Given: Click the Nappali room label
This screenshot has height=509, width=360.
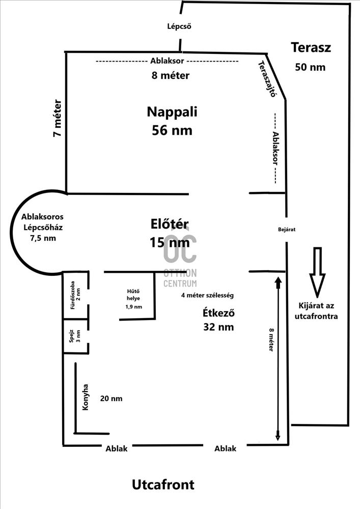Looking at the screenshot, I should (x=172, y=111).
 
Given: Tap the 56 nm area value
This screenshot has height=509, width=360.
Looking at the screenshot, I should (x=172, y=130).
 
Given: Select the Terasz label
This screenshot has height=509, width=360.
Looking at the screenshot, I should (x=311, y=48).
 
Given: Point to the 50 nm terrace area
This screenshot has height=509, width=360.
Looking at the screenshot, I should (x=310, y=67).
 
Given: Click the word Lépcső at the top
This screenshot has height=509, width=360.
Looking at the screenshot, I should (x=179, y=26).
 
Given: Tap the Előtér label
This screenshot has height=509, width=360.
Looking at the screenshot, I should (x=170, y=224).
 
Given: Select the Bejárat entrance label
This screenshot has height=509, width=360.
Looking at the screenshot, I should (x=287, y=229).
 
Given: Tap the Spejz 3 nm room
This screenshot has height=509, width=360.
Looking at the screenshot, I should (x=75, y=336).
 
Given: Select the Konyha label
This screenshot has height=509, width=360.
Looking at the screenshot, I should (x=86, y=397).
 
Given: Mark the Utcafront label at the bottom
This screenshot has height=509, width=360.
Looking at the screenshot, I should (x=163, y=484).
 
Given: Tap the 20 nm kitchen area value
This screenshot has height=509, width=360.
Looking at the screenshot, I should (x=111, y=399).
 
